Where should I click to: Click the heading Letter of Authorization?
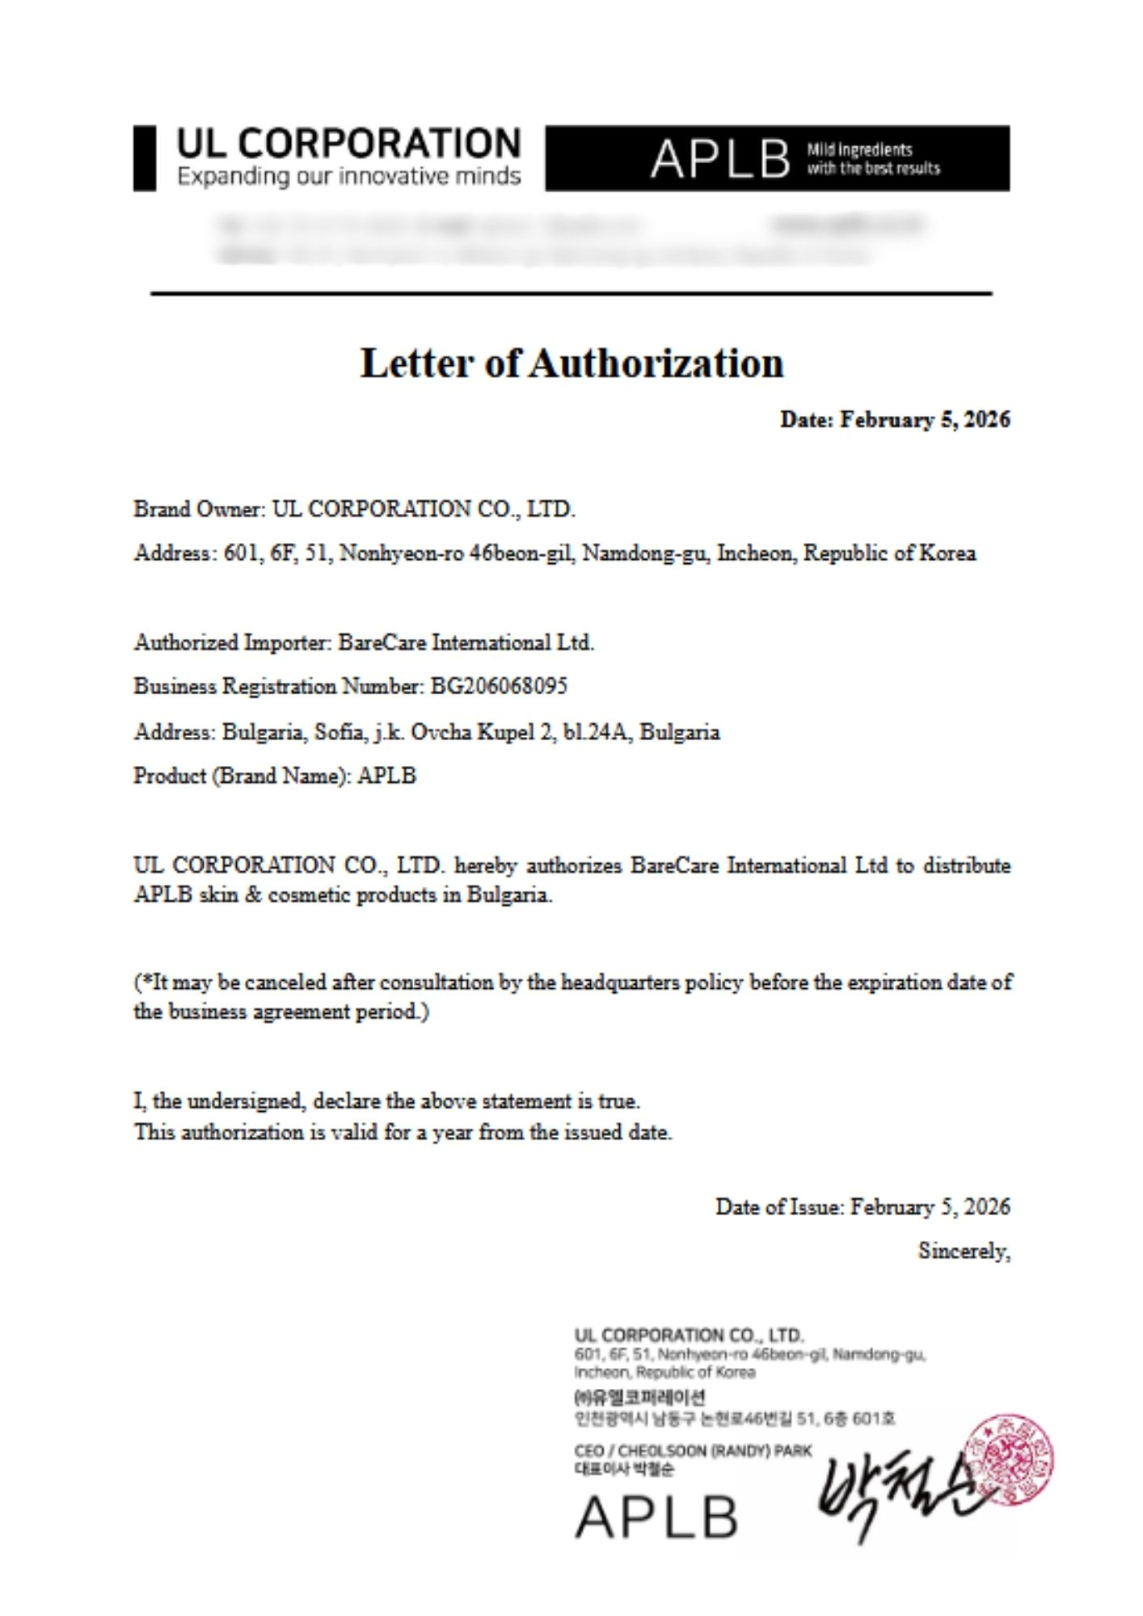coord(571,363)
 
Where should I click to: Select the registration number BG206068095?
coord(499,687)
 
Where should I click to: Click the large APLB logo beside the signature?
coord(656,1517)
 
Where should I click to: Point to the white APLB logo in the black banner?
coord(720,158)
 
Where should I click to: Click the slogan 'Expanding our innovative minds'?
coord(349,176)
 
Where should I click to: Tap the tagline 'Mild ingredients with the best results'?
coord(873,159)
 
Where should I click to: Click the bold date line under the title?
coord(894,419)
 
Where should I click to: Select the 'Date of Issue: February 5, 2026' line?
coord(863,1207)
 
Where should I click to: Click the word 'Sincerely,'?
coord(964,1252)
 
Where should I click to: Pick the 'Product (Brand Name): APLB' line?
coord(275,776)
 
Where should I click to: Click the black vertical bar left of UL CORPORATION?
coord(144,158)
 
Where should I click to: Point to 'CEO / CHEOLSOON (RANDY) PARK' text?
coord(693,1450)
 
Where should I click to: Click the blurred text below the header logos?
coord(566,239)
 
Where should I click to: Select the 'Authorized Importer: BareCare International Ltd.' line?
coord(364,643)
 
